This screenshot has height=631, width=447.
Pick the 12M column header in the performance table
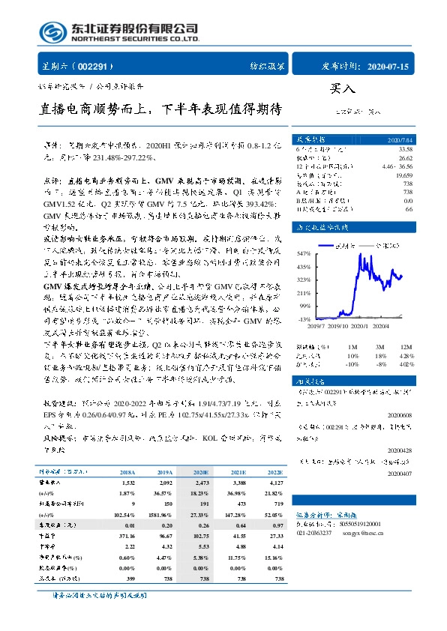tap(404, 346)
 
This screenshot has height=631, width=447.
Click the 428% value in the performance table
tap(404, 354)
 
